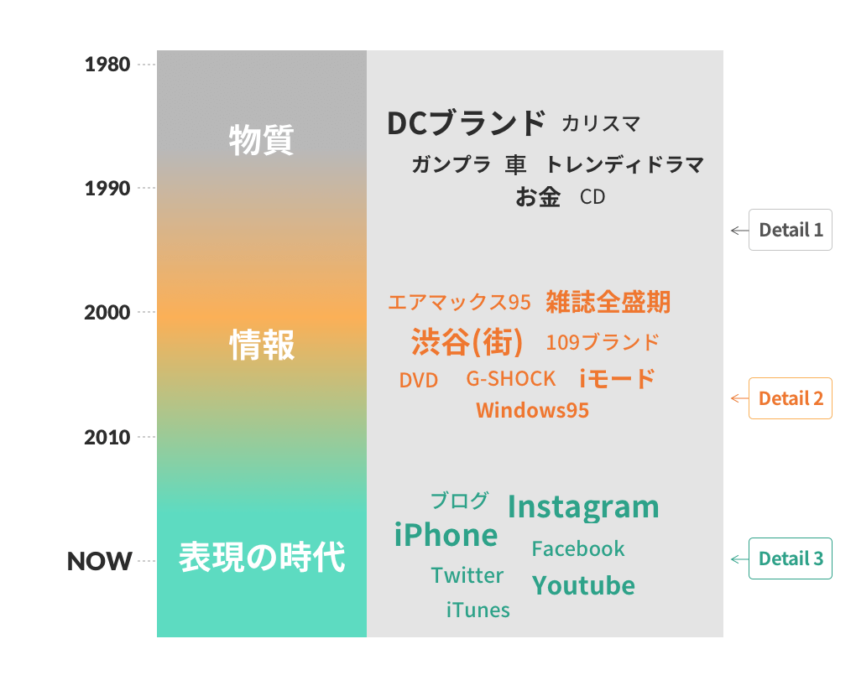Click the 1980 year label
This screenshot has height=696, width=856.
click(107, 65)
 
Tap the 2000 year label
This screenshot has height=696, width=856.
click(107, 313)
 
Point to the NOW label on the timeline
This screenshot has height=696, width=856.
click(99, 561)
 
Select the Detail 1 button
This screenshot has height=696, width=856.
click(790, 230)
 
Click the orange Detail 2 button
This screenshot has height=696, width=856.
click(790, 398)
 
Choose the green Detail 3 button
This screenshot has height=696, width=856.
click(790, 558)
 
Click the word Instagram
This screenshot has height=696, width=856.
click(583, 507)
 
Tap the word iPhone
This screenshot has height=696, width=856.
click(446, 535)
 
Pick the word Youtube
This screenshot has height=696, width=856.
click(583, 586)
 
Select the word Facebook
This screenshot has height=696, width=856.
click(578, 548)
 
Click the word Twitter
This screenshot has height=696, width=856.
click(467, 575)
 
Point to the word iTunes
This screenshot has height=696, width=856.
click(478, 610)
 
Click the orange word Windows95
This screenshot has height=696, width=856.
click(532, 410)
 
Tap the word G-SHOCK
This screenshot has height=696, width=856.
click(510, 378)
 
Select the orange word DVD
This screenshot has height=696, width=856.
click(419, 380)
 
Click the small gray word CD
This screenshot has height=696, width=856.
click(592, 197)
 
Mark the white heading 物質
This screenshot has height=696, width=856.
click(262, 140)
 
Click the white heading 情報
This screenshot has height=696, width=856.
click(262, 345)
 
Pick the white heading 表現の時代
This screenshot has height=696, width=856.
click(262, 557)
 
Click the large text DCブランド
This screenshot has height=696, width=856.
click(467, 122)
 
